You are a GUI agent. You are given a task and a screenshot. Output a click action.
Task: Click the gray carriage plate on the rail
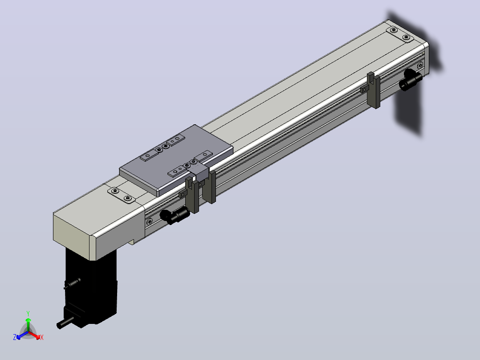[176, 160]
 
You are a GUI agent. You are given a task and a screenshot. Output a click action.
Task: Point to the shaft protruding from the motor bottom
[65, 323]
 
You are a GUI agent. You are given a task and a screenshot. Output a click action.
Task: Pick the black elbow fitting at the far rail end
[411, 79]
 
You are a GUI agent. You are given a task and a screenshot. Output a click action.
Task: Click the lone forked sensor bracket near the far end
[374, 90]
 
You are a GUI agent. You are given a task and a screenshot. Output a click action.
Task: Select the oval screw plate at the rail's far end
[400, 34]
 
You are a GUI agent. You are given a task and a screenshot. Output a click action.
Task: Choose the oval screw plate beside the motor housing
[121, 195]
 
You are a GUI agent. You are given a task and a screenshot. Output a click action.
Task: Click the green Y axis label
[28, 313]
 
